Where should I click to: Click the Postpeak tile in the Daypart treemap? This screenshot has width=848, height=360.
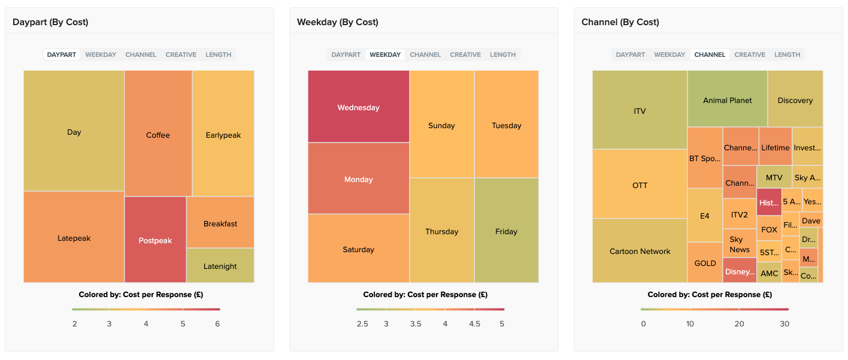(x=155, y=240)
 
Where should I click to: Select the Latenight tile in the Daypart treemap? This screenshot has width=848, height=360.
(x=220, y=266)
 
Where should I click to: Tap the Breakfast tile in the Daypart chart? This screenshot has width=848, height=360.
(x=220, y=223)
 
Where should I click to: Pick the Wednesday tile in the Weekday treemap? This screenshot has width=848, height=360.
(x=358, y=107)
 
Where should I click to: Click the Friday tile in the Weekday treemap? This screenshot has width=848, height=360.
(x=506, y=231)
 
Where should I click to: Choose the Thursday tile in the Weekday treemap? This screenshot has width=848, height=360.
(x=441, y=231)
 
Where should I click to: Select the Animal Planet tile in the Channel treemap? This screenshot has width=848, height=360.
(x=727, y=100)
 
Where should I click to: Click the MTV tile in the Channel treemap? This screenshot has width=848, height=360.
(x=774, y=177)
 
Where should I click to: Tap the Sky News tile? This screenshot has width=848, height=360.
(x=740, y=244)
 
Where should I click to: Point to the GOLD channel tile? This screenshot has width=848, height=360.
(x=705, y=263)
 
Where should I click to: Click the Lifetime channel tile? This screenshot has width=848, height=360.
(x=775, y=147)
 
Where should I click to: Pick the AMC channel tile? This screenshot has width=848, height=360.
(x=769, y=273)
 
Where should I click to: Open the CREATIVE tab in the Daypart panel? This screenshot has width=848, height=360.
(x=181, y=55)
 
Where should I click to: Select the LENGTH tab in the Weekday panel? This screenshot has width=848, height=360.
(x=502, y=55)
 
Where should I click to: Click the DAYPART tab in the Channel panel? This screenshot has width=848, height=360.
(x=630, y=55)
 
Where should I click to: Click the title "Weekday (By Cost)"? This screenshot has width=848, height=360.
(x=337, y=22)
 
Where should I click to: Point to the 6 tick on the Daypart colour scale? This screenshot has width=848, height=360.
(x=217, y=323)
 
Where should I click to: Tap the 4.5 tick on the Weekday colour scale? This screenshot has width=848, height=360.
(x=474, y=323)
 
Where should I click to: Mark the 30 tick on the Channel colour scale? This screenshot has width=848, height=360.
(x=784, y=323)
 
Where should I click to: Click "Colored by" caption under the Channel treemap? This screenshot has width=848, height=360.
(x=709, y=295)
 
